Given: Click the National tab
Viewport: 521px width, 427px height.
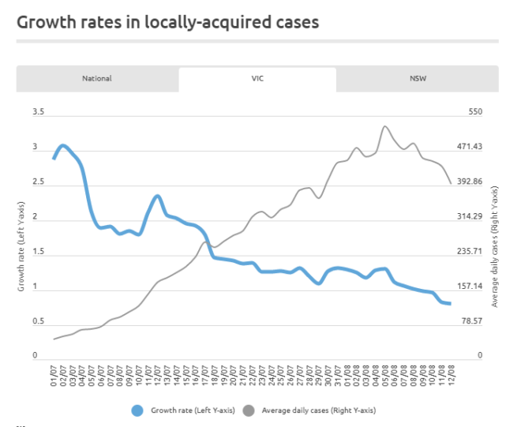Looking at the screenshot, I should coord(97,78).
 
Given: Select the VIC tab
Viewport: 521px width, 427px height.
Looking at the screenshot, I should coord(257,78).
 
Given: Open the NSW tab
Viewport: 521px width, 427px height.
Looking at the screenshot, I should coord(418,78).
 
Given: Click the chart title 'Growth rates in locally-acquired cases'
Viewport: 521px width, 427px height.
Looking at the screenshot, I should coord(168,21).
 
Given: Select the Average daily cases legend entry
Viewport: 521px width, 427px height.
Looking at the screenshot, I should coord(309,410).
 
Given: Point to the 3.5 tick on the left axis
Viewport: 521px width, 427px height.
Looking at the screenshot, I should coord(38,112).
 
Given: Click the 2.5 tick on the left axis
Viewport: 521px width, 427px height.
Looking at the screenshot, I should coord(38,182).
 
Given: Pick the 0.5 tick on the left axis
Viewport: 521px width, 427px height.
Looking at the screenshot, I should coord(38,321).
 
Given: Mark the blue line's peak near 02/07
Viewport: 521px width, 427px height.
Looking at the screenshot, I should coord(63,145).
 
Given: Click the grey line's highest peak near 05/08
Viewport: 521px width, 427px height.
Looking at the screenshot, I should coord(384,126).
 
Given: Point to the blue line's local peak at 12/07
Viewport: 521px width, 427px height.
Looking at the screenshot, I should coord(158,196).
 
